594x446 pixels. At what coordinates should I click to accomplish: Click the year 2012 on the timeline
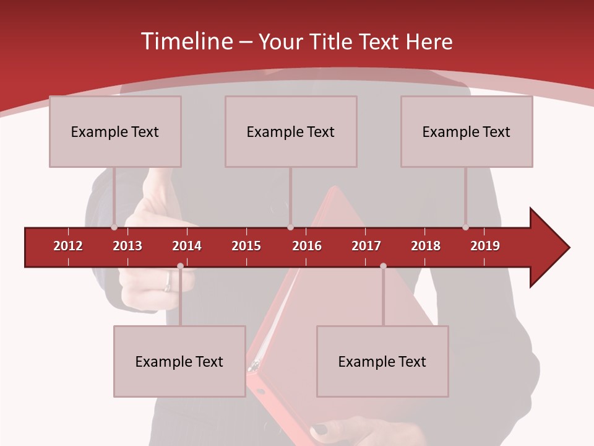point(68,246)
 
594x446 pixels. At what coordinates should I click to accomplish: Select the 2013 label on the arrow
point(127,246)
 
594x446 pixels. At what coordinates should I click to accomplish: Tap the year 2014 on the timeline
point(187,246)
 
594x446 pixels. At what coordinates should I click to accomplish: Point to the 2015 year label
point(246,246)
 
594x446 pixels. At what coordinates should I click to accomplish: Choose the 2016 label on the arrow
point(307,246)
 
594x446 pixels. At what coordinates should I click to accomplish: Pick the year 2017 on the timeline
point(366,246)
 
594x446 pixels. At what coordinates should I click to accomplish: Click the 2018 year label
point(426,246)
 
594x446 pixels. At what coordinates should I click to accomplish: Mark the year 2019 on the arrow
point(485,246)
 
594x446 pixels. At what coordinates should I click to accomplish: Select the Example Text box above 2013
point(115,131)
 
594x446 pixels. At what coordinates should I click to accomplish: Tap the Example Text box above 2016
point(291,131)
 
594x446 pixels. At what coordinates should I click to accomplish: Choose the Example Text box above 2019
point(467,131)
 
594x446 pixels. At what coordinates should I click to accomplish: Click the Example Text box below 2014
point(179,361)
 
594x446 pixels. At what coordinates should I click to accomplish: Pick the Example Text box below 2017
point(382,361)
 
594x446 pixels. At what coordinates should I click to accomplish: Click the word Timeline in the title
point(186,42)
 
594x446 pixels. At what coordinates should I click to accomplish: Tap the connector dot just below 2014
point(180,266)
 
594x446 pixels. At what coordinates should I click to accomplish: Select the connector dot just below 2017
point(383,266)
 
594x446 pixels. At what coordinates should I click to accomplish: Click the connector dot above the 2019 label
point(465,227)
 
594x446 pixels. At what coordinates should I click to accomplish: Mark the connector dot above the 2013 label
point(114,227)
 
